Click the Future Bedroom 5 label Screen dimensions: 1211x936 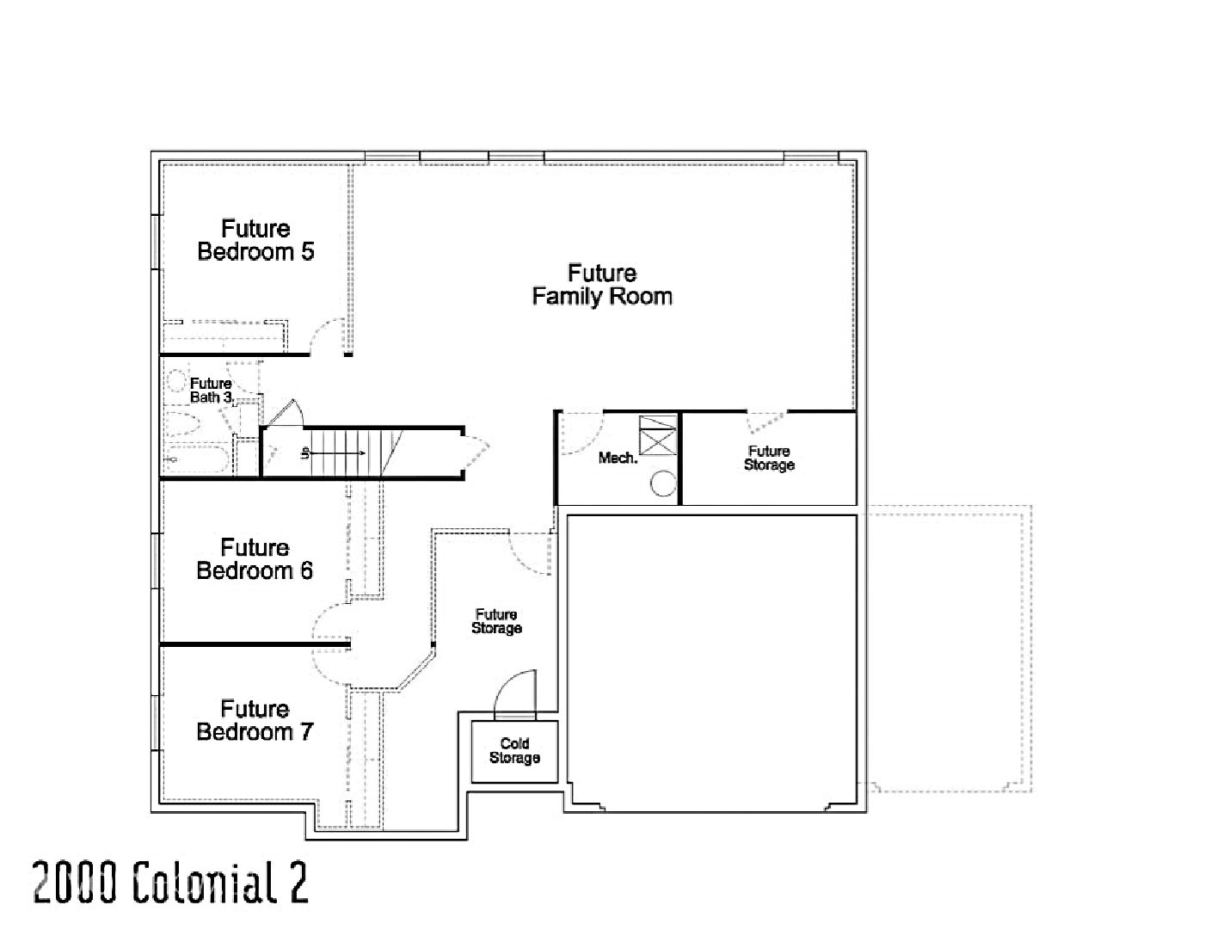255,240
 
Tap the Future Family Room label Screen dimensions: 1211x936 602,285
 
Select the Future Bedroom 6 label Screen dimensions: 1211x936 255,559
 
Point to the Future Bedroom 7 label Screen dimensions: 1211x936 255,720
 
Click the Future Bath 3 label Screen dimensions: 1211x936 212,391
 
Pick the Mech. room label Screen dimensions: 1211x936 618,459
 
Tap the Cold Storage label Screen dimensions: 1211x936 514,750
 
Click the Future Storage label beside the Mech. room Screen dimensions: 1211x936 769,459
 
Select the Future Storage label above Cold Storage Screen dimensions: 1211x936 496,622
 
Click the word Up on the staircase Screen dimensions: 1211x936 304,453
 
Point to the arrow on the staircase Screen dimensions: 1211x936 338,453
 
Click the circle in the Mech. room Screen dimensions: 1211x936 663,483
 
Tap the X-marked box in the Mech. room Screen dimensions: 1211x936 658,435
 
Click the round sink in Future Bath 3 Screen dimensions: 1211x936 176,381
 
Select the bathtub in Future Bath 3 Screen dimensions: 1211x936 196,459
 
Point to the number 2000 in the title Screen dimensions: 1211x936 74,884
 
